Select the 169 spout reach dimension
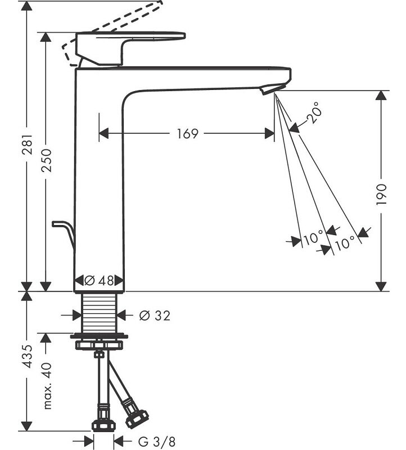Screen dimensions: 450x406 coord(187,133)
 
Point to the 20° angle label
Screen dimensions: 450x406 coord(315,112)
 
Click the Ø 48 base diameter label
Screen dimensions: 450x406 coord(99,280)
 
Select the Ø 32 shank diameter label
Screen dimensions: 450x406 coord(154,316)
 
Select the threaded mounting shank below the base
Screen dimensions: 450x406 coord(99,314)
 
